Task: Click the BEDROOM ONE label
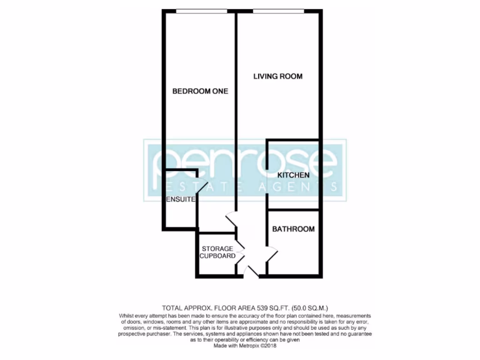(x=200, y=91)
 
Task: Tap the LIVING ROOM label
(x=278, y=76)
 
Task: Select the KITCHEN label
(x=293, y=175)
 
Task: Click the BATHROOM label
(x=293, y=229)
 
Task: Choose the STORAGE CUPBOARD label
(x=217, y=252)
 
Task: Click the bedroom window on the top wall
(x=202, y=11)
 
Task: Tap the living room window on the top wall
(x=277, y=11)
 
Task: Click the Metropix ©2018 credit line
(x=246, y=346)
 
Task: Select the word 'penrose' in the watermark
(x=245, y=162)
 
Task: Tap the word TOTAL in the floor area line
(x=173, y=308)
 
